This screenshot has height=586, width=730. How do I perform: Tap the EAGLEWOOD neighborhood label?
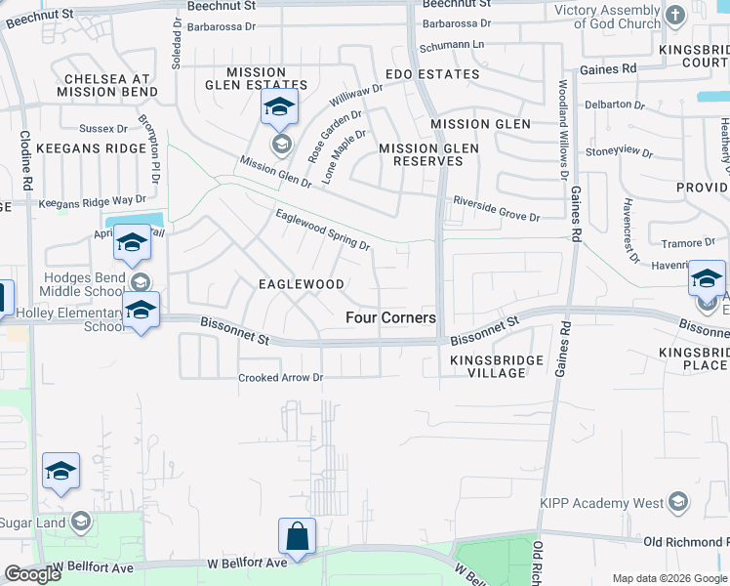click(301, 284)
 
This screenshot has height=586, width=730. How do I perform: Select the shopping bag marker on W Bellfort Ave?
click(297, 536)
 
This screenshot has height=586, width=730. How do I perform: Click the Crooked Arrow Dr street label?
click(281, 378)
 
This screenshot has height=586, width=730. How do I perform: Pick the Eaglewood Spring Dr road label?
click(323, 230)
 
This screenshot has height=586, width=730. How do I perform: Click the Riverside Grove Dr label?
click(496, 208)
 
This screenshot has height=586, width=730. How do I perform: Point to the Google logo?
click(32, 574)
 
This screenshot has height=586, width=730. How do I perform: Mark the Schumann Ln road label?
click(452, 46)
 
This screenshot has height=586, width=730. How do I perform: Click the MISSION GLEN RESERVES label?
click(421, 154)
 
